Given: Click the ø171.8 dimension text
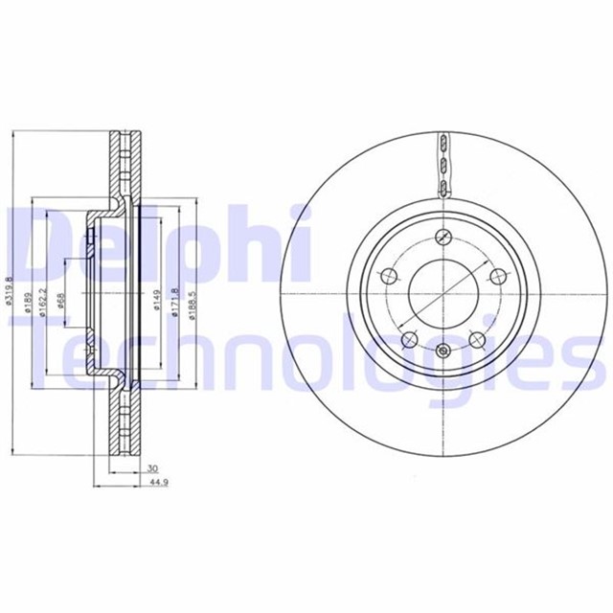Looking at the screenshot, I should click(173, 304).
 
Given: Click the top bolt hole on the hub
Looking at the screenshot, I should click(442, 238).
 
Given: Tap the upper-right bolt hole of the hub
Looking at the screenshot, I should click(496, 277).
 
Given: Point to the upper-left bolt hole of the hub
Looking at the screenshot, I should click(388, 278).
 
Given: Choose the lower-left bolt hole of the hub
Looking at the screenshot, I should click(408, 338).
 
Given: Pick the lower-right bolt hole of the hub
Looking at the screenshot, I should click(476, 338).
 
